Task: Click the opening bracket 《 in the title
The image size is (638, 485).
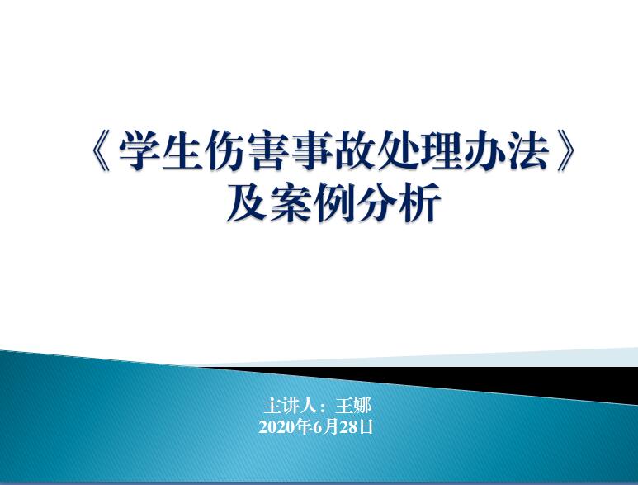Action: tap(100, 151)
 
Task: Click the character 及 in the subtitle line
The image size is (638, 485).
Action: tap(247, 202)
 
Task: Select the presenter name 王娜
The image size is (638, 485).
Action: tap(353, 406)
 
